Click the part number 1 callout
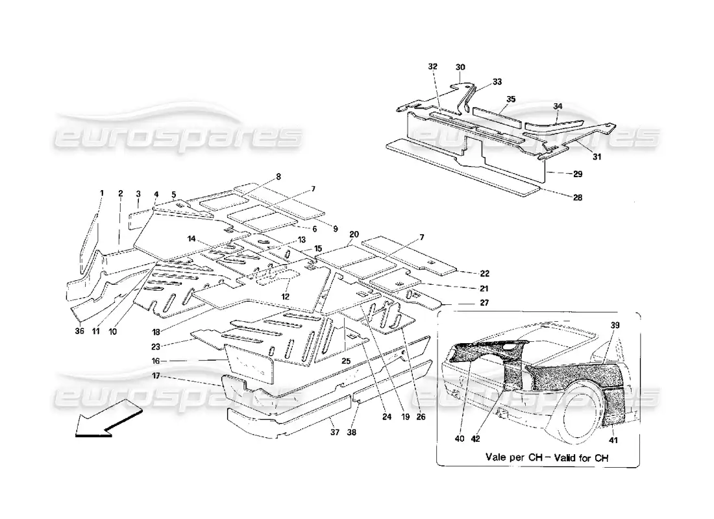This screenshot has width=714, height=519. [102, 193]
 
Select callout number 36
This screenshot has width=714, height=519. [79, 332]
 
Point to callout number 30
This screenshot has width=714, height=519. [461, 67]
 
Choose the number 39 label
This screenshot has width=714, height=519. [615, 324]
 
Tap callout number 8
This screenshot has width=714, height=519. [278, 176]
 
